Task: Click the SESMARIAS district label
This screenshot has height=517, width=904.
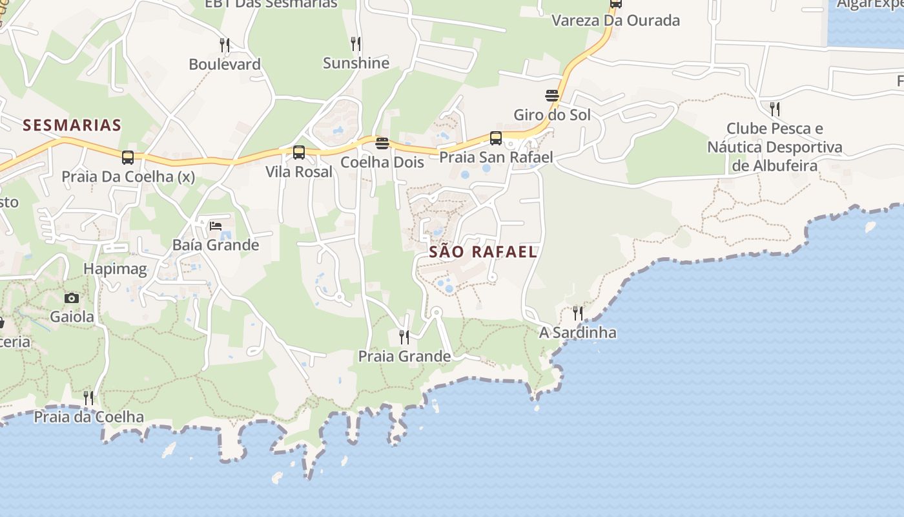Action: (x=72, y=125)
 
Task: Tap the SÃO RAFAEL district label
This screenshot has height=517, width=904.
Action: (x=483, y=252)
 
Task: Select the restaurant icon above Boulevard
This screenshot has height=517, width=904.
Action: (x=225, y=45)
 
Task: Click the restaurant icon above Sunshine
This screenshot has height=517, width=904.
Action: (x=356, y=43)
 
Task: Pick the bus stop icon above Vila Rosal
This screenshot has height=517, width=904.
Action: (x=299, y=153)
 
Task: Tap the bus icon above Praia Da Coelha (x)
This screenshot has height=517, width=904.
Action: (x=128, y=157)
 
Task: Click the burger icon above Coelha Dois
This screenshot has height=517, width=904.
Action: (x=382, y=143)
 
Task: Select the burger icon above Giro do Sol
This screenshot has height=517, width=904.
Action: (x=552, y=96)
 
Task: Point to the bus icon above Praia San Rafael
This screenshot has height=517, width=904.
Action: (x=496, y=138)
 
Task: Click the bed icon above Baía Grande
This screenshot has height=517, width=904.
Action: (x=216, y=226)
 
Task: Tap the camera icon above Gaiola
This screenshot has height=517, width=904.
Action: (x=72, y=298)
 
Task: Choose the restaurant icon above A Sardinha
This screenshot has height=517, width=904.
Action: (x=578, y=313)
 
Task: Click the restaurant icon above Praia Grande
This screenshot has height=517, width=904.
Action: (x=404, y=337)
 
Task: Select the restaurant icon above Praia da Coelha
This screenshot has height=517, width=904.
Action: (x=88, y=397)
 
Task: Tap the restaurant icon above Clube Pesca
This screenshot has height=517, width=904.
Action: (x=775, y=108)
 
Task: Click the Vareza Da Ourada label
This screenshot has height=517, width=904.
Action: (x=615, y=21)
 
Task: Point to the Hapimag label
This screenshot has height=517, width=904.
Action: (x=116, y=269)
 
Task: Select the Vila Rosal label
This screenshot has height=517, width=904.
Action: (x=299, y=172)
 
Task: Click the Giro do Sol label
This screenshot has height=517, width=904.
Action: (x=552, y=115)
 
